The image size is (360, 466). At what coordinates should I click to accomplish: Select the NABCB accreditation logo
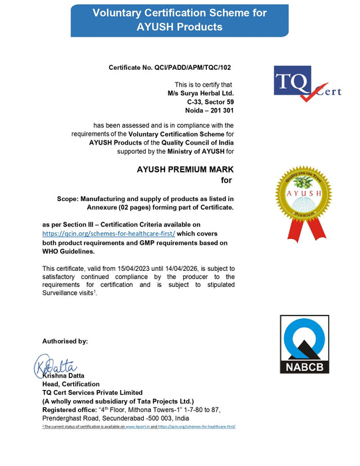tap(303, 344)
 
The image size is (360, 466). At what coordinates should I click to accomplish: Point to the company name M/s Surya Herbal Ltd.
tap(200, 93)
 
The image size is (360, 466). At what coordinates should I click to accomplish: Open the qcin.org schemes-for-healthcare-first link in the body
tap(108, 234)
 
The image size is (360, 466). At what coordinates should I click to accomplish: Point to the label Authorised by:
tap(65, 341)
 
